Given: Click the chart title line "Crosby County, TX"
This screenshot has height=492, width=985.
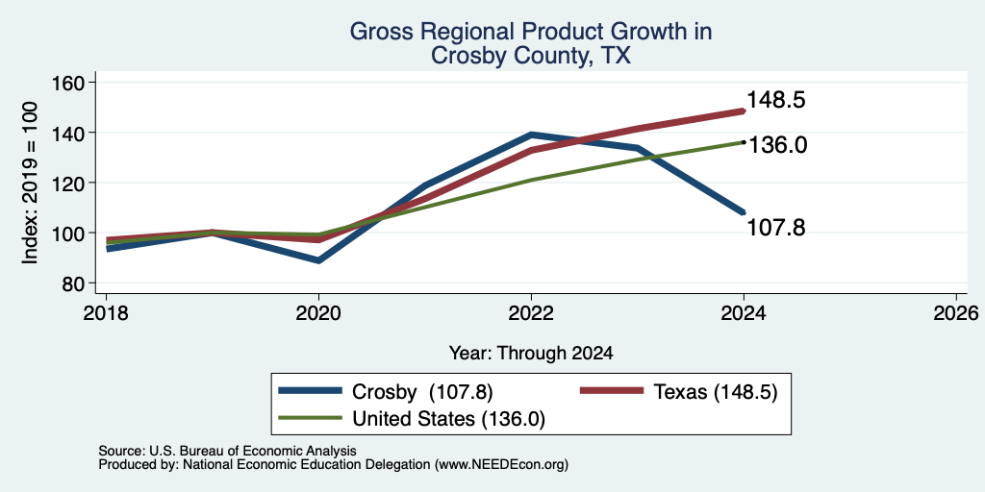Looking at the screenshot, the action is tap(530, 56).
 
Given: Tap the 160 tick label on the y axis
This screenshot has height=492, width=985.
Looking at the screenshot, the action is tap(71, 83).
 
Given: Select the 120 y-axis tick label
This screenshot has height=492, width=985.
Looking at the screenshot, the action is tap(71, 184).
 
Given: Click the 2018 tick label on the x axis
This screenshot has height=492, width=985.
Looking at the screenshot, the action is tap(106, 312).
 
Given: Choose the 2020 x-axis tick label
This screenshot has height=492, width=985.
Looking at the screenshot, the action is tap(318, 312).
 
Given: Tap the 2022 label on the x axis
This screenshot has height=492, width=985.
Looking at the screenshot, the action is tap(531, 312).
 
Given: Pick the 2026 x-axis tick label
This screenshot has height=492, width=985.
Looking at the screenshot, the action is tap(957, 312).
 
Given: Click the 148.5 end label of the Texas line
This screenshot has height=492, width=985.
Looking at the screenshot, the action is tap(776, 100).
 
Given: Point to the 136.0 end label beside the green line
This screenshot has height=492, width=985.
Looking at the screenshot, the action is tap(776, 146).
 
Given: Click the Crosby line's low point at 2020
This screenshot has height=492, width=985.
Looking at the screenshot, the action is tap(318, 259).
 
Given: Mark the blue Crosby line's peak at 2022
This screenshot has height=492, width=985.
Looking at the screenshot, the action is tap(531, 135).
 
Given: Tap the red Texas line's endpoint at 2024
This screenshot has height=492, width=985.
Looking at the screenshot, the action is tap(744, 111).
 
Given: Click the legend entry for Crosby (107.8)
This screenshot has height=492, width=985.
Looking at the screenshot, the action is tap(386, 392).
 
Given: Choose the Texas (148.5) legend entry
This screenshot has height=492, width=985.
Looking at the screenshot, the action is tap(679, 392).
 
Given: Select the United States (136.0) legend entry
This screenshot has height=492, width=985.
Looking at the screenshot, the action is tap(412, 419).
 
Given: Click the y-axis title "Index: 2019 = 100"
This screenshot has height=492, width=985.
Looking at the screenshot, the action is tap(30, 183).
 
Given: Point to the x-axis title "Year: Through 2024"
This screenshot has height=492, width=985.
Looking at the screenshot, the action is tap(531, 354).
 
